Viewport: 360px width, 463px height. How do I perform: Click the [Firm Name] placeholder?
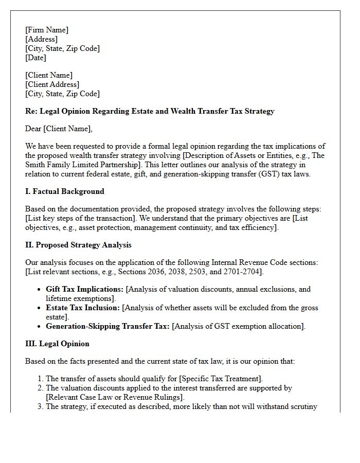47,30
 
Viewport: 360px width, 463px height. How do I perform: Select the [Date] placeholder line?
35,58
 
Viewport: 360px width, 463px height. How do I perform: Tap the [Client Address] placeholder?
52,84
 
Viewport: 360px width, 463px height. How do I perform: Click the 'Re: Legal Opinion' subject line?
150,111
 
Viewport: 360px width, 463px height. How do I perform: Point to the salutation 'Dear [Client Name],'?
59,129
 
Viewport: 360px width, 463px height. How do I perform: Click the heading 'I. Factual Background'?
65,191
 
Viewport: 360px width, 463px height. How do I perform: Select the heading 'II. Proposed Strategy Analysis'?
78,245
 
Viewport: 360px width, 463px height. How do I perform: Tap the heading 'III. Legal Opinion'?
57,344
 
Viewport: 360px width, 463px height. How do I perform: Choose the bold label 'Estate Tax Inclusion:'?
83,308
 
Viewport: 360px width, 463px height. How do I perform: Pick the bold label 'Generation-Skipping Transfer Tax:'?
107,326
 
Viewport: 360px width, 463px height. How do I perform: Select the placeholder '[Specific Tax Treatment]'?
218,379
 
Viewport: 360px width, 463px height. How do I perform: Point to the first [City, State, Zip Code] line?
62,48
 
